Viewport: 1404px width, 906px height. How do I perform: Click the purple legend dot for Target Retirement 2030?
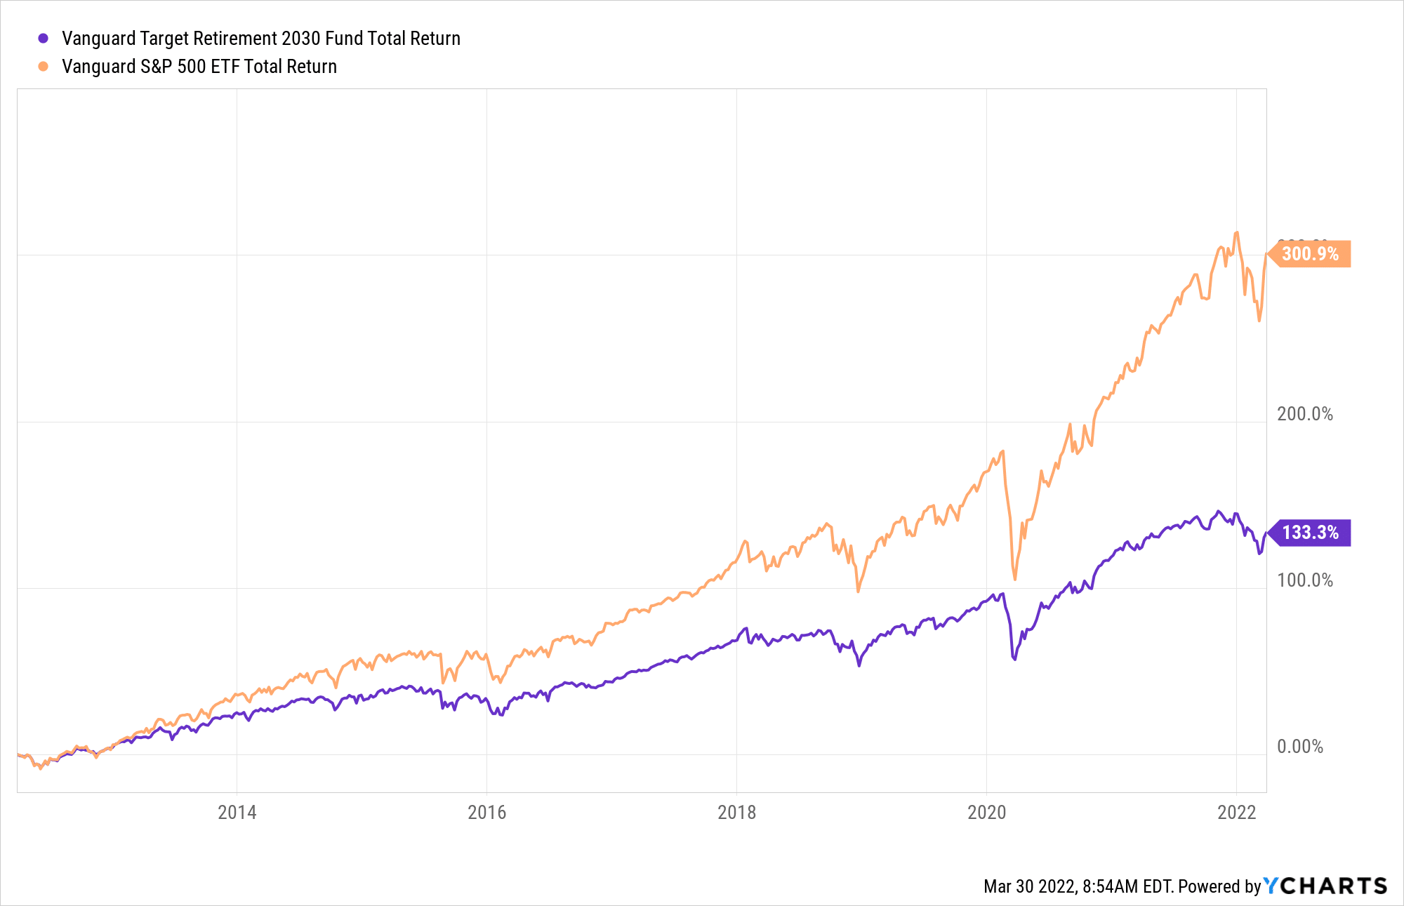(43, 39)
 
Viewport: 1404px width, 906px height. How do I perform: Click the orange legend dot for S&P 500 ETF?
(43, 67)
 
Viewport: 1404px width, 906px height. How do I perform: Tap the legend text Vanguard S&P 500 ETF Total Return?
(199, 67)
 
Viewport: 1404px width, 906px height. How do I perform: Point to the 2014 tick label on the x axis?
(237, 813)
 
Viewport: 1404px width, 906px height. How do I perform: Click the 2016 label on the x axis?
(486, 813)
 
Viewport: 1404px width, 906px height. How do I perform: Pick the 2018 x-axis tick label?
(736, 813)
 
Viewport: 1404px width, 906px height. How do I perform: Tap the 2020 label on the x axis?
(986, 813)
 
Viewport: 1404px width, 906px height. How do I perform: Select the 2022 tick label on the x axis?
(1236, 813)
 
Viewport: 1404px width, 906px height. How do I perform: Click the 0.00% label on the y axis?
(1299, 747)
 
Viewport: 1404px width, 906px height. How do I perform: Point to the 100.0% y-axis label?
(1304, 580)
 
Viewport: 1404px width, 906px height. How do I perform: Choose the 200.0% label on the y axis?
(1304, 414)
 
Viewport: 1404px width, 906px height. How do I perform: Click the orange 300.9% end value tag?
(1310, 253)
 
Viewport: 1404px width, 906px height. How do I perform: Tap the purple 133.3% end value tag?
(1310, 533)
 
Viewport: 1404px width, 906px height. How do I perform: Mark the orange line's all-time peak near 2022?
(1236, 232)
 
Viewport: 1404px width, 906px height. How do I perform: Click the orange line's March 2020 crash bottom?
(1015, 579)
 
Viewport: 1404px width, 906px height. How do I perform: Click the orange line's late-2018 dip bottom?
(858, 591)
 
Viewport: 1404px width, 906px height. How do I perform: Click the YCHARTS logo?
(1325, 886)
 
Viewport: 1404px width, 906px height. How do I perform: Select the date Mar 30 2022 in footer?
(1029, 886)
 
